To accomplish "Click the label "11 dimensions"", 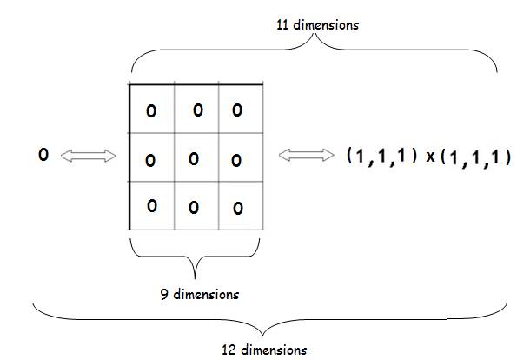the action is pyautogui.click(x=317, y=25).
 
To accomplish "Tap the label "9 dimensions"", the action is pyautogui.click(x=200, y=294).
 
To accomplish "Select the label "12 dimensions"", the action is pyautogui.click(x=264, y=350).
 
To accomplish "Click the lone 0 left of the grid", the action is pyautogui.click(x=43, y=155).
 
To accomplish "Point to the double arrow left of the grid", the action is pyautogui.click(x=89, y=156).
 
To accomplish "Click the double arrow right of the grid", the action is pyautogui.click(x=307, y=155).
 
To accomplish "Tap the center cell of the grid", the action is pyautogui.click(x=196, y=157).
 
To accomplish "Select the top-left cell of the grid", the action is pyautogui.click(x=152, y=110).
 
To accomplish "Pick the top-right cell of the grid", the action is pyautogui.click(x=241, y=110).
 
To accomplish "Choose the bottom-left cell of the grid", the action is pyautogui.click(x=152, y=205).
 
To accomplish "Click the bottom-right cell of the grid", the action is pyautogui.click(x=241, y=205).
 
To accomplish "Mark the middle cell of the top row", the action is pyautogui.click(x=196, y=110).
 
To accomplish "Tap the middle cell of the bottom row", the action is pyautogui.click(x=196, y=205).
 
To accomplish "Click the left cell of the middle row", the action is pyautogui.click(x=152, y=157).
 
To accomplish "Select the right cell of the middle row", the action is pyautogui.click(x=241, y=157).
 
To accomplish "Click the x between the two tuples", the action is pyautogui.click(x=430, y=157).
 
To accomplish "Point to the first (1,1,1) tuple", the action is pyautogui.click(x=381, y=157).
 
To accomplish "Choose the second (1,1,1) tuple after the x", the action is pyautogui.click(x=476, y=157).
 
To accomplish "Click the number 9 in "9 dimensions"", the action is pyautogui.click(x=164, y=294).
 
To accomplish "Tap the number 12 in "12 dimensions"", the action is pyautogui.click(x=228, y=350).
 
